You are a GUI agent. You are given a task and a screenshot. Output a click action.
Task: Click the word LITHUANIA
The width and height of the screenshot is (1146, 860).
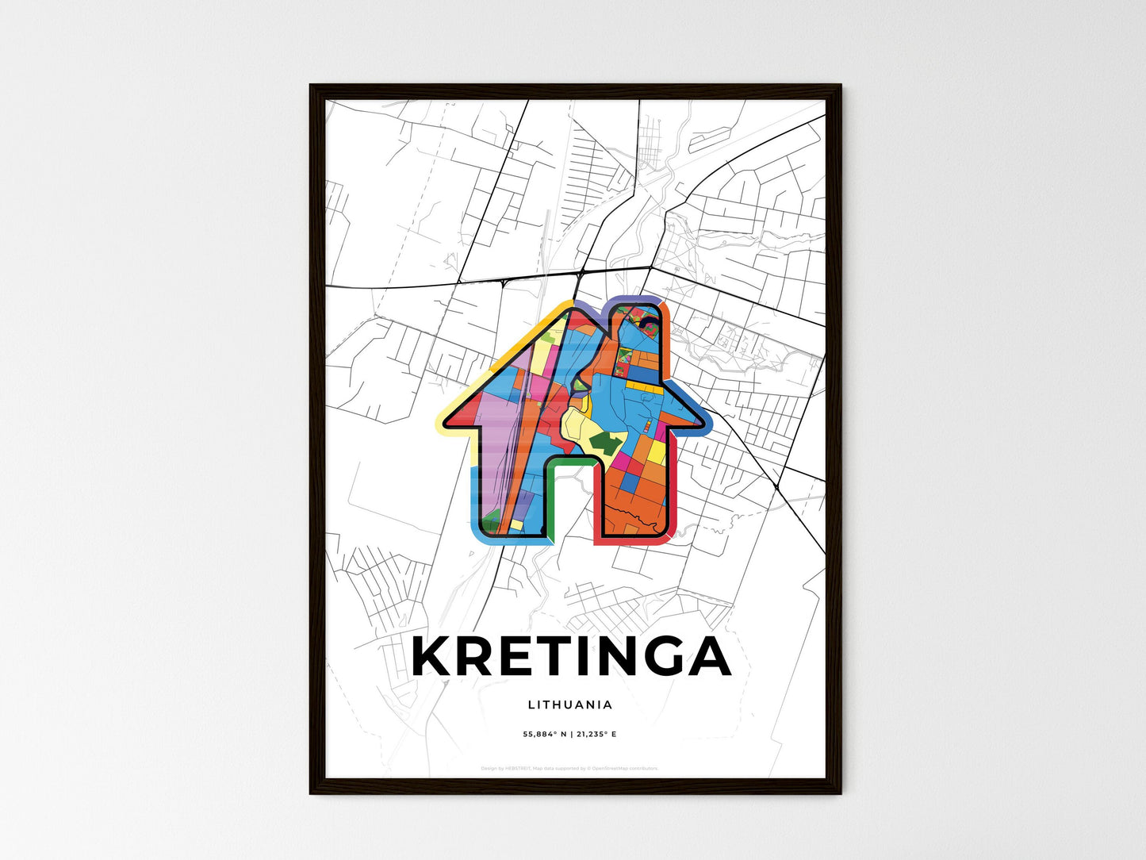coord(569,705)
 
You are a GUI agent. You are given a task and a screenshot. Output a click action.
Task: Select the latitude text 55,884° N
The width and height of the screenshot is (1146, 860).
coord(544,735)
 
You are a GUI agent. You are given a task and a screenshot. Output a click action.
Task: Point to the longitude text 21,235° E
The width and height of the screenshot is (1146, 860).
coord(595,735)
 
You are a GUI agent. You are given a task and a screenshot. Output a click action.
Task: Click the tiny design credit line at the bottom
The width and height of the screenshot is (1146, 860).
coord(569,768)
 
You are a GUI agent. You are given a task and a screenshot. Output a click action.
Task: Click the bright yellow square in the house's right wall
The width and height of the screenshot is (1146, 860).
coord(657,452)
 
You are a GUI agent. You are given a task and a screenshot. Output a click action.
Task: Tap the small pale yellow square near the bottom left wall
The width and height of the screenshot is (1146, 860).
coord(516,524)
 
